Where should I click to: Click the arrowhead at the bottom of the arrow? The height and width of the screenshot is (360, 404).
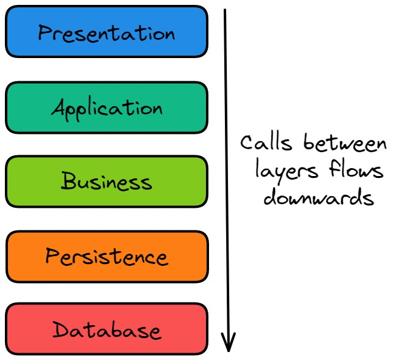228,343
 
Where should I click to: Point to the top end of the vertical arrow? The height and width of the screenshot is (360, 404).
225,10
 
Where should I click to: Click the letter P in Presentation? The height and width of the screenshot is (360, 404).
44,32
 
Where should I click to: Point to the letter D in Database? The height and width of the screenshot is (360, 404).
60,331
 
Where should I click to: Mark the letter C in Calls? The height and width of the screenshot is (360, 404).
246,144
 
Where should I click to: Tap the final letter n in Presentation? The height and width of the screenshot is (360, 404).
168,34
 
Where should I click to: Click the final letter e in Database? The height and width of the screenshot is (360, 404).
155,331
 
